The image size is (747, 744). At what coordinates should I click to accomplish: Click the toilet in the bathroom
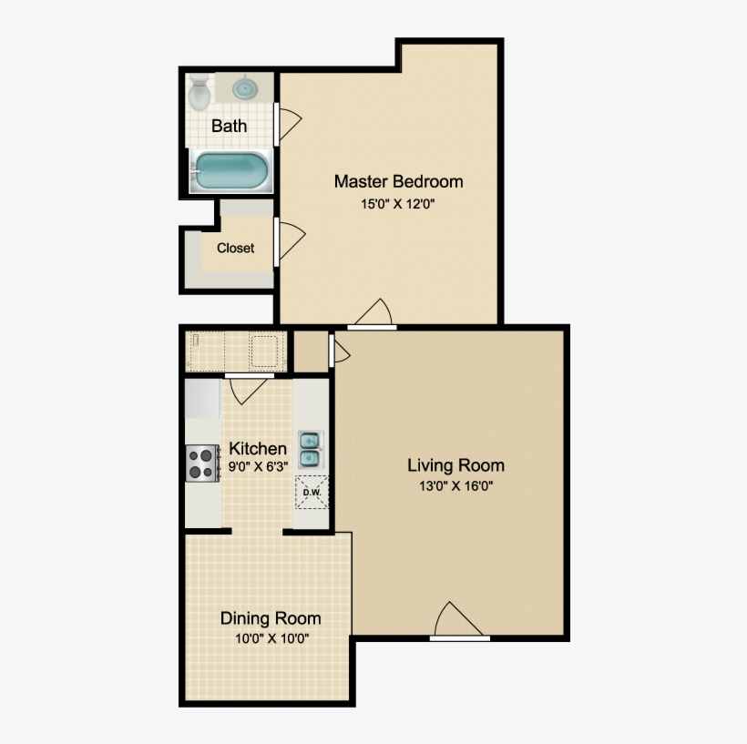(x=199, y=92)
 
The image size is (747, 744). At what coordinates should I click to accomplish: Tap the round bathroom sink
(x=244, y=88)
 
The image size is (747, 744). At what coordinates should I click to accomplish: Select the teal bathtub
(x=230, y=170)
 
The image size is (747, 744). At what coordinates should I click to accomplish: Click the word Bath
(x=229, y=126)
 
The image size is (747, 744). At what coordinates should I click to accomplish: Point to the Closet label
(x=235, y=248)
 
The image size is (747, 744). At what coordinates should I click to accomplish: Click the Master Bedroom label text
(x=398, y=181)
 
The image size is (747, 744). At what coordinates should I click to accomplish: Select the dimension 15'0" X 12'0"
(x=398, y=204)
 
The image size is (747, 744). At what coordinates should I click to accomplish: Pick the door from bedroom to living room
(x=373, y=314)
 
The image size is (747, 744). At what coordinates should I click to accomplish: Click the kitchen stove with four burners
(x=202, y=463)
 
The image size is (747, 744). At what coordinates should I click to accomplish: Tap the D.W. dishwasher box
(x=311, y=493)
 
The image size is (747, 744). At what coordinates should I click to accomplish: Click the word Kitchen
(x=258, y=449)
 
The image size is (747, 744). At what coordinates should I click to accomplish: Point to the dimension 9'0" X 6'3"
(x=258, y=468)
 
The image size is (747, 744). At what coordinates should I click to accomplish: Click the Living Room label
(x=455, y=465)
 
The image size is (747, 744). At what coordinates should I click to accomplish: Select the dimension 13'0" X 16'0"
(x=455, y=485)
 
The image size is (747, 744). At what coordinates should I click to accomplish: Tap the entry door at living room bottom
(x=458, y=623)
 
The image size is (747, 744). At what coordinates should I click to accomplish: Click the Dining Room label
(x=271, y=618)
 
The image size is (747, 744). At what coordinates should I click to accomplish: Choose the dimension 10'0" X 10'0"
(x=271, y=638)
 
